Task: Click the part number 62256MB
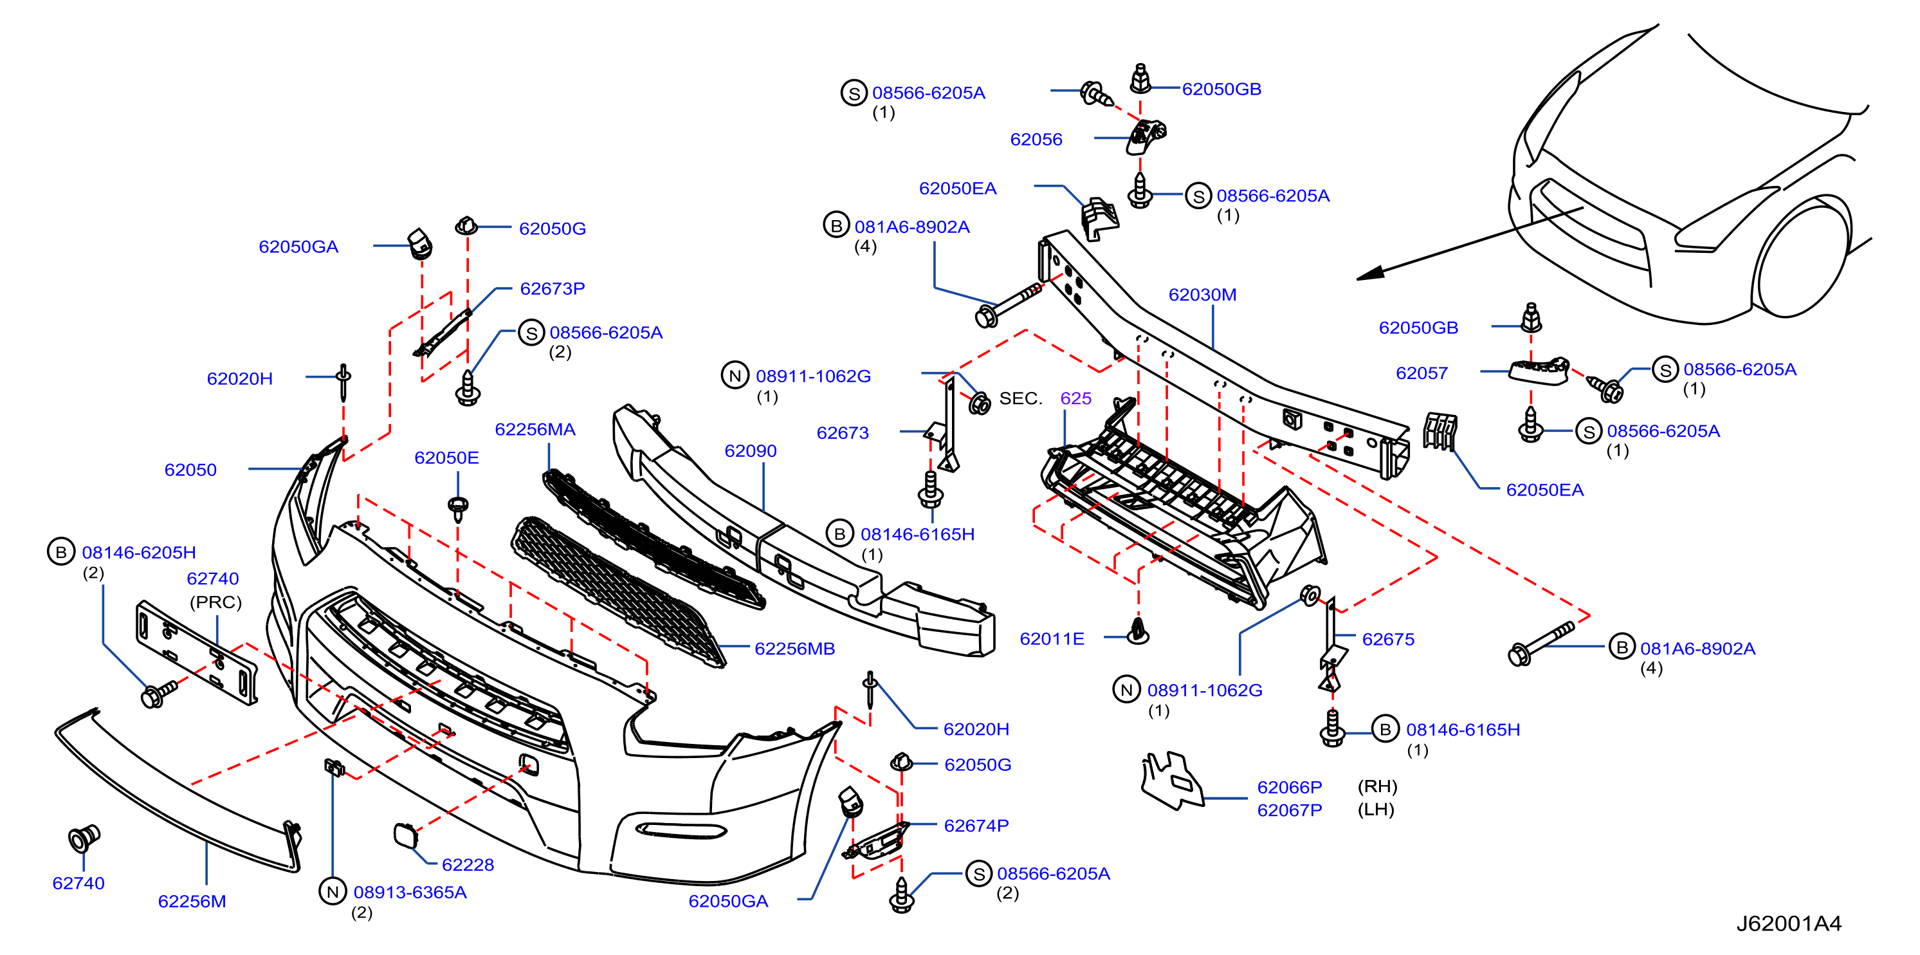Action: coord(794,649)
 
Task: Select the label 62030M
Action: coord(1202,295)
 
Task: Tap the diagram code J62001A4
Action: coord(1789,923)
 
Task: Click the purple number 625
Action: coord(1075,398)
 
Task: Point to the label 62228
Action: coord(468,865)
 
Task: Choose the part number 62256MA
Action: coord(535,429)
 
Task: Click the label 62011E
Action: coord(1052,639)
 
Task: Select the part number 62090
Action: coord(751,451)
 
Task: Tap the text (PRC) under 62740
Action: coord(215,602)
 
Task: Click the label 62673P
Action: coord(553,288)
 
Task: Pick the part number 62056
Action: coord(1036,140)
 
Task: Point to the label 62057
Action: coord(1422,373)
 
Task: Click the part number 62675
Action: coord(1388,639)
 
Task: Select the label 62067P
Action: coord(1290,810)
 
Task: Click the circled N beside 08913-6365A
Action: coord(333,892)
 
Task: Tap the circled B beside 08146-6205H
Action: coord(61,552)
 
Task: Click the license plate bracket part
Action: coord(197,653)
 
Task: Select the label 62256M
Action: coord(192,902)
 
